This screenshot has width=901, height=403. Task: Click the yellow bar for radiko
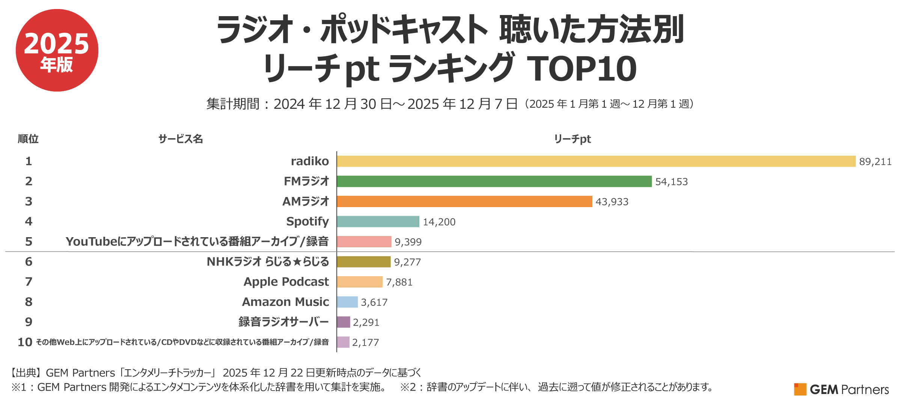coord(596,161)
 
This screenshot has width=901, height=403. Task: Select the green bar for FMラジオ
coord(494,181)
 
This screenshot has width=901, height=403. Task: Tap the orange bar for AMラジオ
coord(464,201)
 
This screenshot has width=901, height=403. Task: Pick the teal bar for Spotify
coord(378,221)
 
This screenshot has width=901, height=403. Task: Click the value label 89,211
coord(875,162)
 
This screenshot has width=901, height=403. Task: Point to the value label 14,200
coord(439,222)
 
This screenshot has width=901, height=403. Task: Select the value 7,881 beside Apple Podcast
coord(399,282)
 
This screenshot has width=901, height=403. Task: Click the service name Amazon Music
coord(285,302)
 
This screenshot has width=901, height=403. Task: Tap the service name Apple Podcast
coord(286,282)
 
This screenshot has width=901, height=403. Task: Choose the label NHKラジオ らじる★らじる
coord(268,262)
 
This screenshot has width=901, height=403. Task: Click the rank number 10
coord(25,342)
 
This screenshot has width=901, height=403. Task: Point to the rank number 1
coord(29,161)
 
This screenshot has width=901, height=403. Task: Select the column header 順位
coord(28,139)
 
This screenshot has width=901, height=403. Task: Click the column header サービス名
coord(181,139)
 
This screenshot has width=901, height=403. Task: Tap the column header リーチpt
coord(573,139)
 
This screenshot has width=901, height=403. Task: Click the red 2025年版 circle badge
coord(57,50)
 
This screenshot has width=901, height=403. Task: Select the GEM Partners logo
coord(841,389)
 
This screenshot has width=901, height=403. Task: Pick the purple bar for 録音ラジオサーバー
coord(343,322)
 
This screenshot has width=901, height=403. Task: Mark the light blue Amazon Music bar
coord(347,302)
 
